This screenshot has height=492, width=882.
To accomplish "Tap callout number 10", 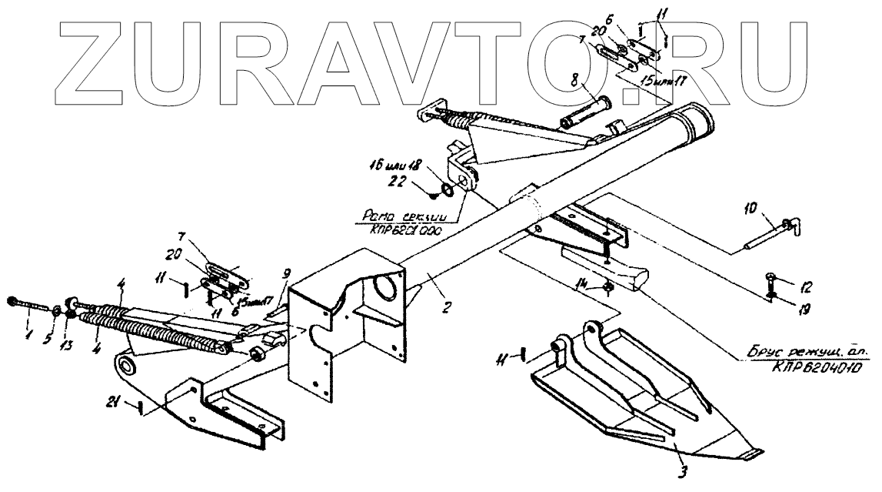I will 752,208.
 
